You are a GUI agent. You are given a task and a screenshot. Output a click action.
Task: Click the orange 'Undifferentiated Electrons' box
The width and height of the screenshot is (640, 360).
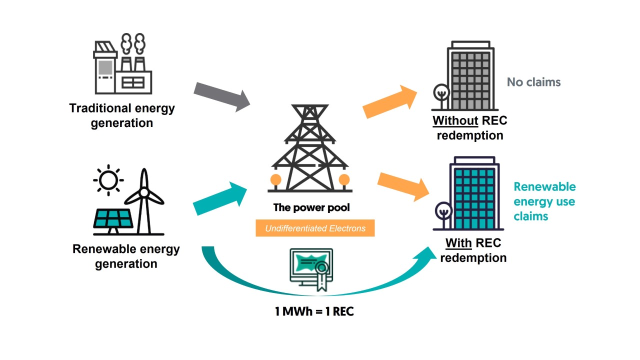coord(315,228)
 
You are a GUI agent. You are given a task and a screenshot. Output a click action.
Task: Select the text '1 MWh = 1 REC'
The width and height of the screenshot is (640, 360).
coord(314,311)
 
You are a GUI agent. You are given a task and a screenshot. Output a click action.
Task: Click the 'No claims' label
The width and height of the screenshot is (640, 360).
coord(533,82)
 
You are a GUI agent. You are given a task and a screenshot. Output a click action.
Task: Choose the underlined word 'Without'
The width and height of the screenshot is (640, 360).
coord(455,121)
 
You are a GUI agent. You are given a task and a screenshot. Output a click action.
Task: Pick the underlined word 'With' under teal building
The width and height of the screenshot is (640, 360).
coord(458,243)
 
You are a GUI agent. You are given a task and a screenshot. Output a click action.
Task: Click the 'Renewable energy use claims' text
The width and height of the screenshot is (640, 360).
coord(544,201)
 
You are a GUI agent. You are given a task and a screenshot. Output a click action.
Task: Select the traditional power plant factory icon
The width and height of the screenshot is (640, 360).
coord(122,65)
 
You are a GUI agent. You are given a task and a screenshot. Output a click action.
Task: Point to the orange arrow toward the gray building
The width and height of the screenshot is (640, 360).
coord(390,101)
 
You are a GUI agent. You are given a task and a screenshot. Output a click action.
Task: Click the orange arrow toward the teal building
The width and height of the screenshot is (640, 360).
coord(403,185)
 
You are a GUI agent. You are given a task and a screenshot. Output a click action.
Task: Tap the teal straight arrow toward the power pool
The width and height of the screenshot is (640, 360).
coord(220,198)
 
